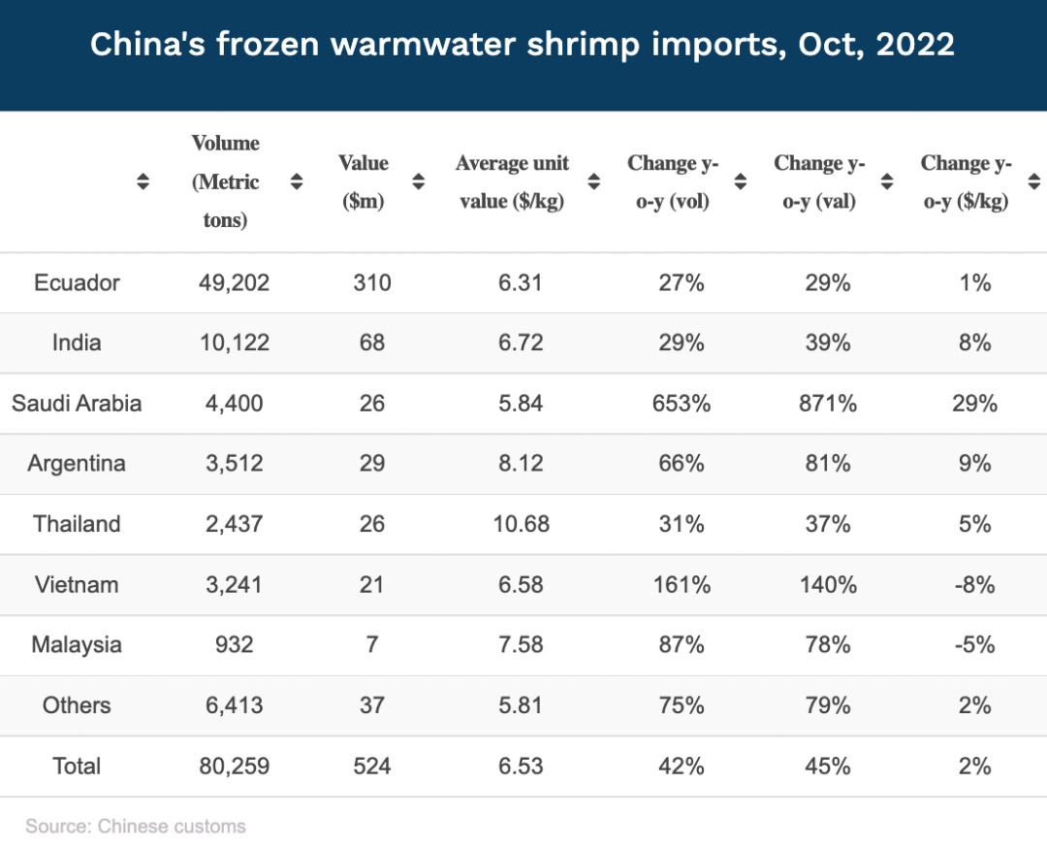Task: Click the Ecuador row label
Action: (x=77, y=282)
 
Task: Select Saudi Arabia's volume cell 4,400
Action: (x=231, y=403)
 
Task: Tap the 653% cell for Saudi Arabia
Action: (x=682, y=403)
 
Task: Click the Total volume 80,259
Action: (x=231, y=766)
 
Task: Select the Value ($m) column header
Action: (x=363, y=181)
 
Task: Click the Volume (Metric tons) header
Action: (x=226, y=181)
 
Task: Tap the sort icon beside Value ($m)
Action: (x=419, y=181)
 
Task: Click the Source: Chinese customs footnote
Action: (x=136, y=826)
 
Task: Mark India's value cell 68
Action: (x=371, y=343)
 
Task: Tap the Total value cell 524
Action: (x=371, y=766)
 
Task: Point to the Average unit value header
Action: (x=512, y=181)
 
